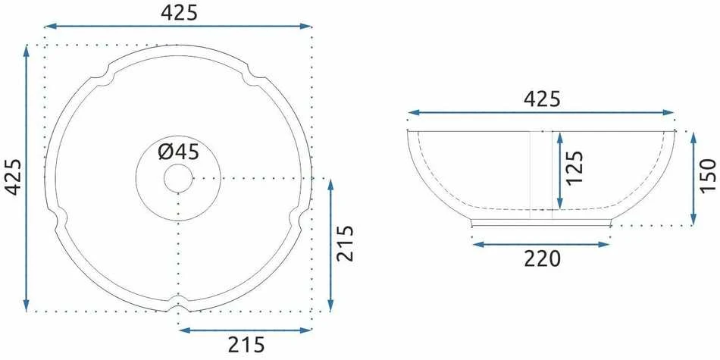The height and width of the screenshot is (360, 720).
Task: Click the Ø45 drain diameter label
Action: click(x=179, y=152)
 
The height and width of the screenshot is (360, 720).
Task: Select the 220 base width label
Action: click(x=543, y=259)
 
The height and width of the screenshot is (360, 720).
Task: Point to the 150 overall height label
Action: click(x=709, y=174)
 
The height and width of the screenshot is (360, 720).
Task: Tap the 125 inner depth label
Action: click(x=574, y=167)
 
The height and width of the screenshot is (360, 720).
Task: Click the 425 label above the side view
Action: click(x=543, y=99)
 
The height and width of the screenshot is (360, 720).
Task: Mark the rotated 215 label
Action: click(x=346, y=244)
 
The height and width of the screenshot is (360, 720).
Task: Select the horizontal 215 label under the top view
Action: click(x=246, y=344)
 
